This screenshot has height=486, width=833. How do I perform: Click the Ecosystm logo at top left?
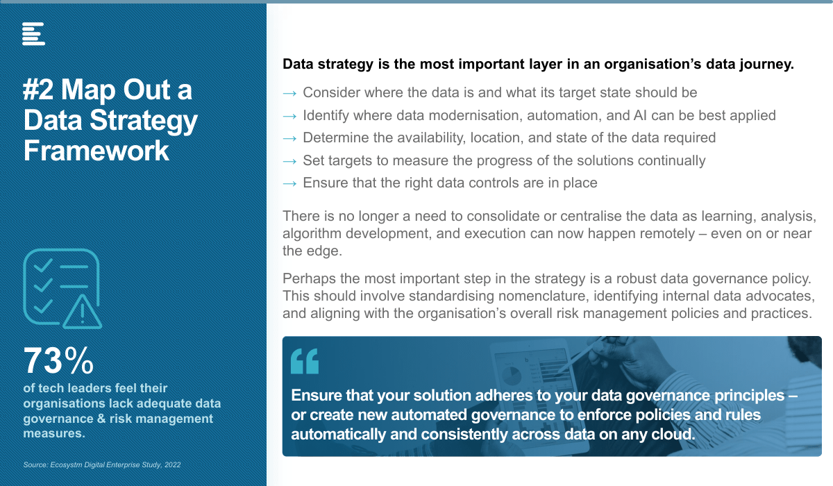(x=33, y=34)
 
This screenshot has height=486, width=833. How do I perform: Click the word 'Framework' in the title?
(x=96, y=151)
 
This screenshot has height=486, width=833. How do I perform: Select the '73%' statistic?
(x=58, y=360)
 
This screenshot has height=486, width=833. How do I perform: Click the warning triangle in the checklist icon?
(x=82, y=312)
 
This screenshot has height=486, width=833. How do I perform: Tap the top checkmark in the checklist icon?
(x=43, y=265)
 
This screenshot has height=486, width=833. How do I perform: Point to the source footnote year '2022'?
(x=173, y=464)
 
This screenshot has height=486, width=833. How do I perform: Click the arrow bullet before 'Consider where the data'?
(x=289, y=93)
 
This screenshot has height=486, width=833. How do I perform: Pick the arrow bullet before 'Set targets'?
(x=289, y=161)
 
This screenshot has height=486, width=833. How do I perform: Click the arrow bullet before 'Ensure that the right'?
(x=289, y=184)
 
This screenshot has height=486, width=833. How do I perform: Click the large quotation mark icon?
(x=305, y=361)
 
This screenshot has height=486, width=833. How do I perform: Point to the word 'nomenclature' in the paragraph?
(x=544, y=296)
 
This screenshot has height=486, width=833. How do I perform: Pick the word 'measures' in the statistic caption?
(x=54, y=433)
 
